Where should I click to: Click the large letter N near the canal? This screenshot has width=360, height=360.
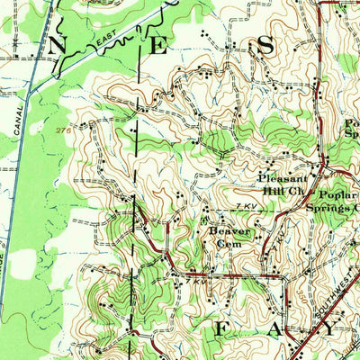pyautogui.click(x=58, y=44)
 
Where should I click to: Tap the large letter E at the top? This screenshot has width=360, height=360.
pyautogui.click(x=159, y=47)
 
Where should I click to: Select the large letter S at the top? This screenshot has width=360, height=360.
pyautogui.click(x=266, y=46)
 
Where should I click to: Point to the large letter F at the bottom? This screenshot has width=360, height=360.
pyautogui.click(x=219, y=331)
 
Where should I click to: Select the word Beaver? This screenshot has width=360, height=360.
pyautogui.click(x=229, y=229)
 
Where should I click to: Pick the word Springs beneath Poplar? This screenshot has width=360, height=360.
pyautogui.click(x=328, y=208)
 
